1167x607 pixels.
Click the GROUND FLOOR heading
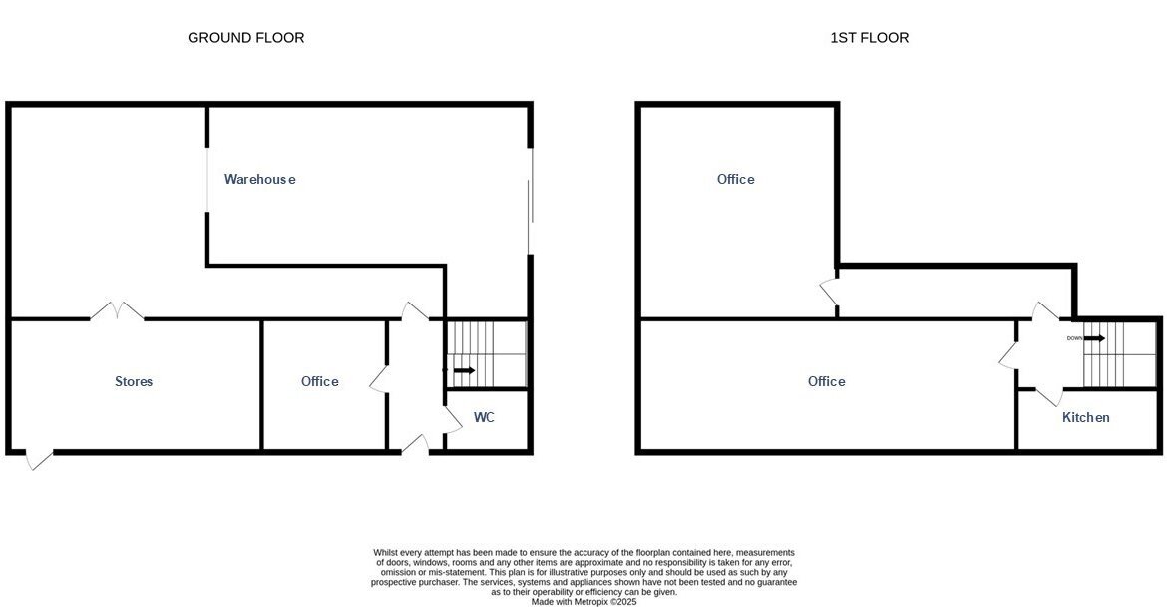click(245, 37)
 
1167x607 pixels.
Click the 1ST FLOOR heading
click(870, 37)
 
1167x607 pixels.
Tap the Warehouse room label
click(259, 179)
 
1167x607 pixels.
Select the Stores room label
click(134, 381)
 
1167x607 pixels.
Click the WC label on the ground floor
click(484, 417)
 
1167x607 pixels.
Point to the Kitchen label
click(1086, 418)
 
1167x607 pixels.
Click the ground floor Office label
click(319, 381)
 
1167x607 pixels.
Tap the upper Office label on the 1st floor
click(735, 179)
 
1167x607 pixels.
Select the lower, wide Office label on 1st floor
click(826, 381)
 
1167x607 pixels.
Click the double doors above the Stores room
click(117, 310)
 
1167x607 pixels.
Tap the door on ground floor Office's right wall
click(380, 378)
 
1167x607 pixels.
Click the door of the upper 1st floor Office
click(829, 292)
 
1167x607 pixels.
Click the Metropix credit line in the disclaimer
click(584, 602)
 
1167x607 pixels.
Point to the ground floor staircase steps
click(487, 354)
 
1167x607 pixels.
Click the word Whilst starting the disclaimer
click(386, 553)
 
